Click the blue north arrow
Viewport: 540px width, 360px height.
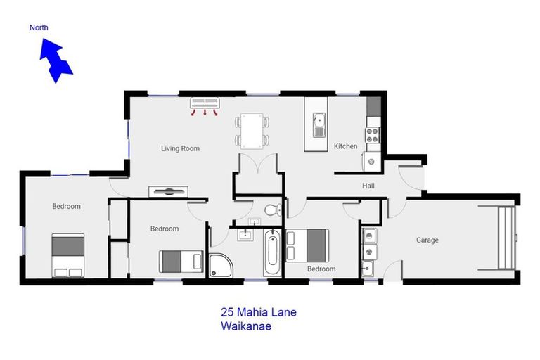click(x=56, y=60)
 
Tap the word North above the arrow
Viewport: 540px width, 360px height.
click(x=39, y=28)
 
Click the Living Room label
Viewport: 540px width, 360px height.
click(x=180, y=148)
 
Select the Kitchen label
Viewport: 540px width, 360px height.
click(x=345, y=146)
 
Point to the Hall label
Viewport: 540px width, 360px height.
click(x=368, y=186)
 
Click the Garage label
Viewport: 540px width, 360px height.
click(x=427, y=240)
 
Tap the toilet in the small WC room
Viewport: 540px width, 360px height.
click(x=273, y=209)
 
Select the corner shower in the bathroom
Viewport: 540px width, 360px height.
click(x=221, y=264)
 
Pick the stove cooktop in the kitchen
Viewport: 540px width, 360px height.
click(x=372, y=134)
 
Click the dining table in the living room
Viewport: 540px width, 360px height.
click(x=251, y=130)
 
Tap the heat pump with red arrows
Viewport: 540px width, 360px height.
click(x=205, y=103)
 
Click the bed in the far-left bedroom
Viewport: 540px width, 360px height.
click(x=67, y=255)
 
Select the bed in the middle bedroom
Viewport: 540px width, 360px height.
click(x=181, y=262)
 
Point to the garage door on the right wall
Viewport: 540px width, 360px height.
click(x=506, y=238)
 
